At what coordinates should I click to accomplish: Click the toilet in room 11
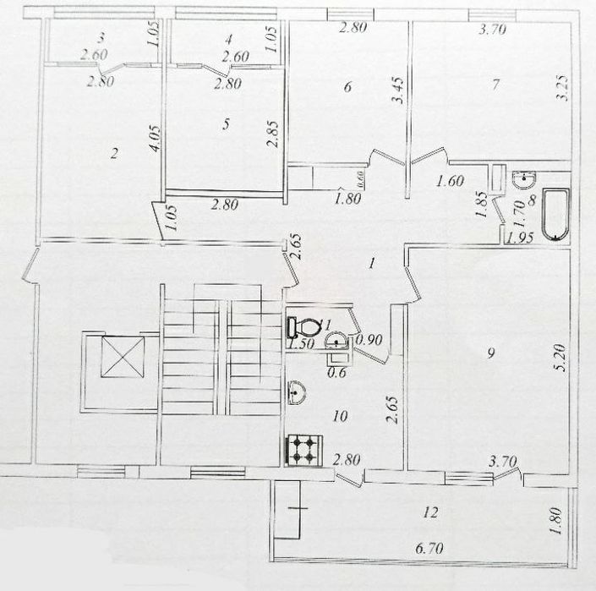pyautogui.click(x=300, y=325)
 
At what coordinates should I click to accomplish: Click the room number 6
pyautogui.click(x=347, y=85)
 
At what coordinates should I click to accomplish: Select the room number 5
pyautogui.click(x=225, y=124)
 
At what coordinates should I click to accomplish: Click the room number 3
pyautogui.click(x=101, y=37)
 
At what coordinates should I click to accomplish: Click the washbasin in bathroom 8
pyautogui.click(x=524, y=179)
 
